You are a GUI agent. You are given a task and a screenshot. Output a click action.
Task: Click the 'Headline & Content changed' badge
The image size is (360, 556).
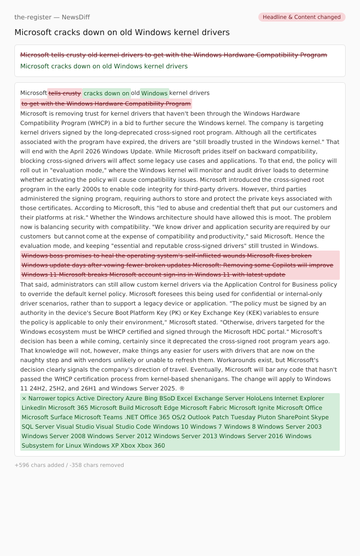point(301,17)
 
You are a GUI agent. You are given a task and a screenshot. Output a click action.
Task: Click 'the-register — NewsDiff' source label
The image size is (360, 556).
point(52,17)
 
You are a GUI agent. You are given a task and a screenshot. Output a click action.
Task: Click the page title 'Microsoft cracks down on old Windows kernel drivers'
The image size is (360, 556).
point(122,32)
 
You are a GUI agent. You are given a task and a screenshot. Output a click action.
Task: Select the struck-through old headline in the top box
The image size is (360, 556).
point(174,55)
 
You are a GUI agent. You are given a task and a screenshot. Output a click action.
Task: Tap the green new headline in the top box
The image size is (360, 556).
point(104,66)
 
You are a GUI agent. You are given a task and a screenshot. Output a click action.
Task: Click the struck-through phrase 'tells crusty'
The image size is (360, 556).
point(65,93)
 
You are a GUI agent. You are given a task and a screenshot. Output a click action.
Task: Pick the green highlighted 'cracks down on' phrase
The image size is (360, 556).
point(107,93)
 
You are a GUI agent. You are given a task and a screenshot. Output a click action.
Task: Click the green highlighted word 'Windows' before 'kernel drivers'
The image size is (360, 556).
point(154,93)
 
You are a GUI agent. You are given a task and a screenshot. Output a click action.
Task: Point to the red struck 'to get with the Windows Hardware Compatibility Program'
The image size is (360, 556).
point(106,104)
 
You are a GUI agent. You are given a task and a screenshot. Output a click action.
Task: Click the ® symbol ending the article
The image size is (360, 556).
point(182,388)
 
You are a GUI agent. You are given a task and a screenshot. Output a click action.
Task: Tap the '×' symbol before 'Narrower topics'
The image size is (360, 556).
point(24,398)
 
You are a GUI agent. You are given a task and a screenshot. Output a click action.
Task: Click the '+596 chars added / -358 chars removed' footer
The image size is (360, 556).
point(69,465)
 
